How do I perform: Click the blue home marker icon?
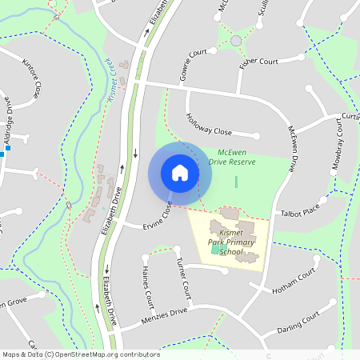pos(180,173)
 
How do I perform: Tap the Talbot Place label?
pos(298,212)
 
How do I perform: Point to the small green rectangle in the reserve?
pos(236,182)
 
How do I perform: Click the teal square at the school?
pos(214,251)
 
